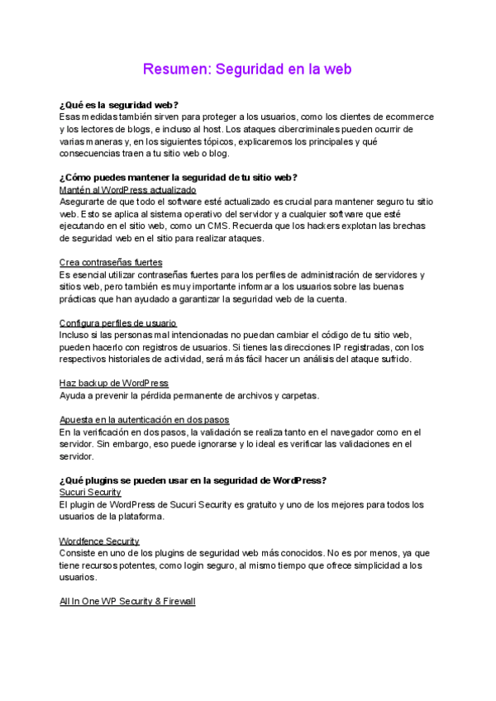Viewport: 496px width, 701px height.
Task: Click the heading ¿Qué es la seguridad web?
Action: [x=119, y=105]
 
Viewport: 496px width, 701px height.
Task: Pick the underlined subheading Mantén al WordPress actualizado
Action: [x=127, y=190]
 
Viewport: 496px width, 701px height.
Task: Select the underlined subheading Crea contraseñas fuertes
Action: [x=111, y=263]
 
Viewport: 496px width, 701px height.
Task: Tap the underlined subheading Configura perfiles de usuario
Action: [x=118, y=323]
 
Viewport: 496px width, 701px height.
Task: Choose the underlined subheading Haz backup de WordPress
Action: [x=114, y=384]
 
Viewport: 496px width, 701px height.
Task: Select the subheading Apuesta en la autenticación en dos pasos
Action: [x=144, y=420]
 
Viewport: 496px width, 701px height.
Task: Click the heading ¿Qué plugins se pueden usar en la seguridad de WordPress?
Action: [x=193, y=480]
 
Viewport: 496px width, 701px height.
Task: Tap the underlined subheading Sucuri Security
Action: [x=90, y=493]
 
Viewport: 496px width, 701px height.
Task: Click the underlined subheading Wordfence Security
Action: [x=99, y=541]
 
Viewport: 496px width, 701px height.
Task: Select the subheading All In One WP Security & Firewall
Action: [x=127, y=602]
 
